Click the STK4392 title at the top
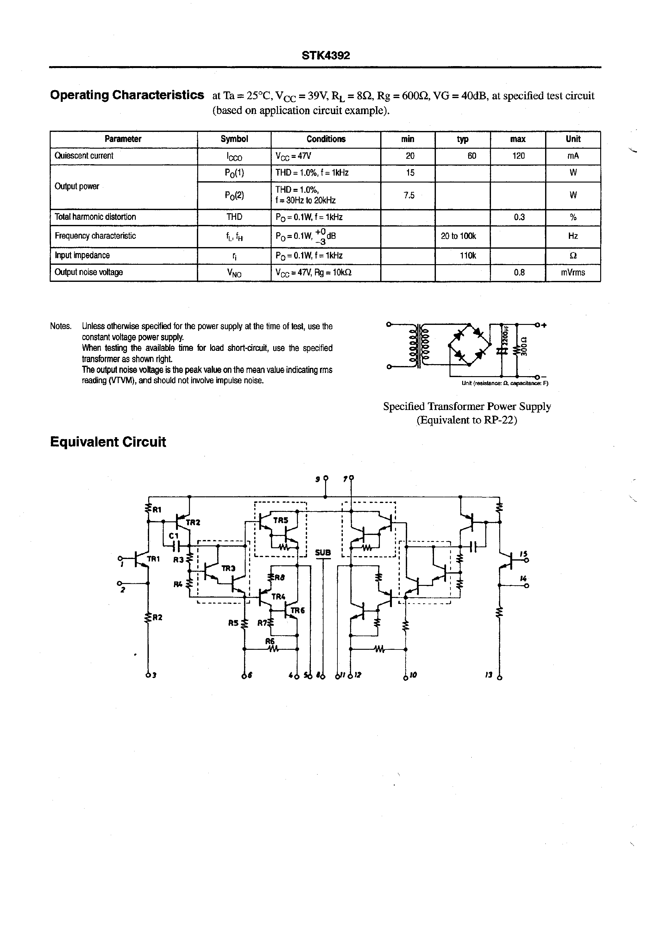[x=326, y=56]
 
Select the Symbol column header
[x=234, y=139]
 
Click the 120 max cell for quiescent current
[x=518, y=156]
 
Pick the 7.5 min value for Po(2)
[x=409, y=196]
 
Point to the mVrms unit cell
[x=573, y=272]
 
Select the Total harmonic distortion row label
[x=95, y=217]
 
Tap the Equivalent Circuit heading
[x=108, y=442]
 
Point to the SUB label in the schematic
[x=323, y=553]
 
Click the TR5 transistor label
[x=281, y=520]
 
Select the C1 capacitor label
[x=173, y=536]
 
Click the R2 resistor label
[x=157, y=617]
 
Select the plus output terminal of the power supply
[x=538, y=324]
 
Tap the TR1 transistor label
[x=153, y=559]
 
